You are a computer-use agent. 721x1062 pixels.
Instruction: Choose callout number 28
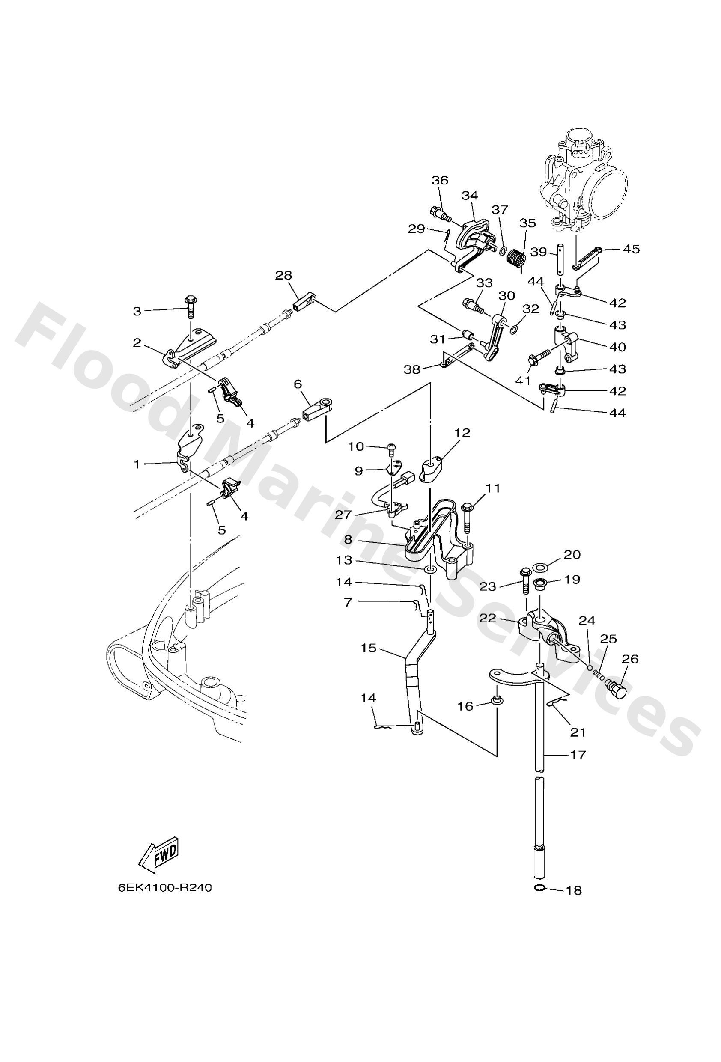tap(283, 276)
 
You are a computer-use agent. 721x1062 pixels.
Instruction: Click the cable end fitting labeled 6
tap(317, 406)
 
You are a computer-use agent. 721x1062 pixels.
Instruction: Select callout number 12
tap(463, 432)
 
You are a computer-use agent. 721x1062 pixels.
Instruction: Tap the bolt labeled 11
tap(467, 518)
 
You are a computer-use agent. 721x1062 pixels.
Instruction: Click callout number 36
tap(440, 180)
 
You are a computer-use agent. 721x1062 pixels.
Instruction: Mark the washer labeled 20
tap(541, 568)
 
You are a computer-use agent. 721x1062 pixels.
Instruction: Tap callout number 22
tap(488, 617)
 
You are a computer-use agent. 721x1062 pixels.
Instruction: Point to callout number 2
tap(137, 343)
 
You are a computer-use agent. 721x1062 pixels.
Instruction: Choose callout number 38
tap(411, 369)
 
